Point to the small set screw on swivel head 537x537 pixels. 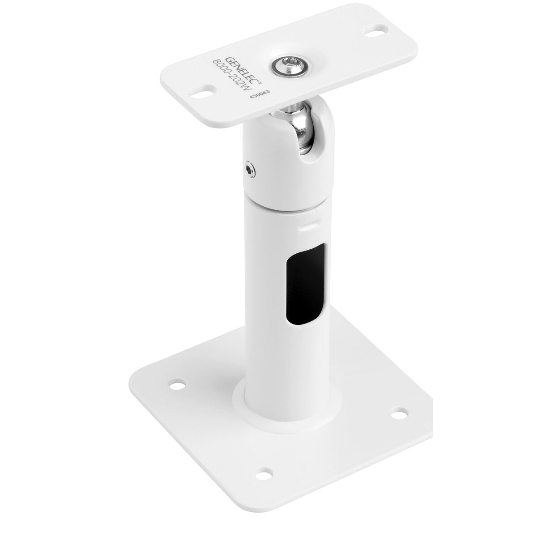pyautogui.click(x=249, y=169)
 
